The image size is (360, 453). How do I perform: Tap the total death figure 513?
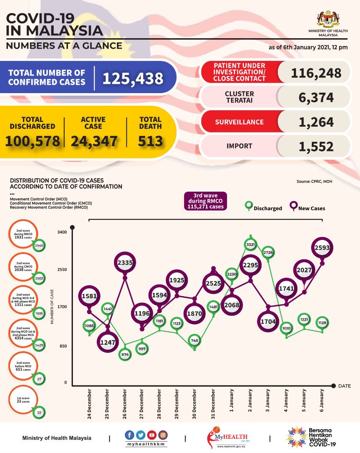(150, 141)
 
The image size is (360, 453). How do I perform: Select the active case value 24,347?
(94, 141)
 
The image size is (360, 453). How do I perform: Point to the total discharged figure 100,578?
(32, 141)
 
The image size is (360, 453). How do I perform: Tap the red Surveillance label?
(239, 122)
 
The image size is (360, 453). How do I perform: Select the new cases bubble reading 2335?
(124, 263)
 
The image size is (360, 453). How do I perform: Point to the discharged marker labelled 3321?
(250, 244)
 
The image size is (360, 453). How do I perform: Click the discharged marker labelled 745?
(194, 340)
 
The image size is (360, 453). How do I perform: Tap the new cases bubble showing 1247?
(107, 342)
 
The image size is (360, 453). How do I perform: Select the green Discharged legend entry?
(264, 207)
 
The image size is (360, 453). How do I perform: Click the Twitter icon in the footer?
(140, 435)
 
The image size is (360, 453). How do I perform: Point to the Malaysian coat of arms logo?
(329, 19)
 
